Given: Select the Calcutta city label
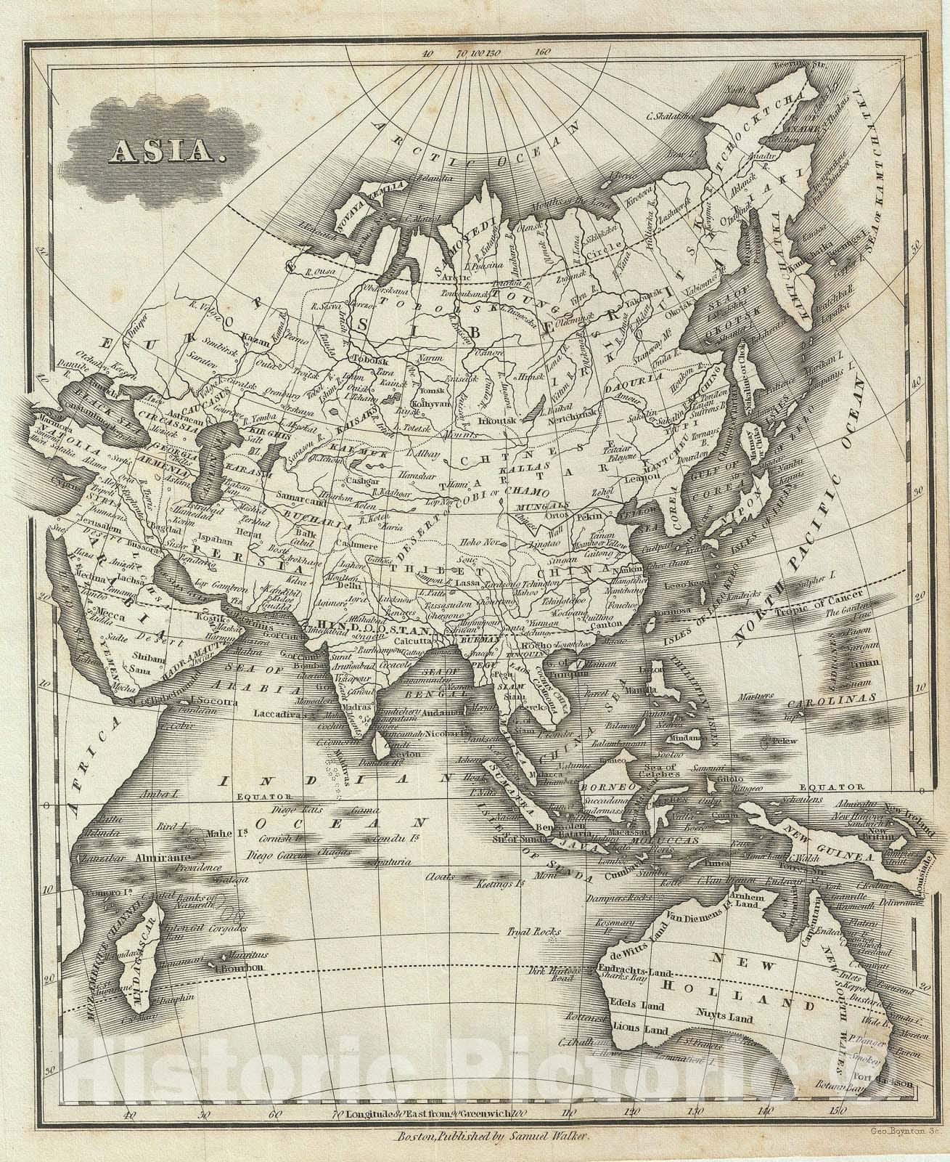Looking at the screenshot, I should click(409, 641).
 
